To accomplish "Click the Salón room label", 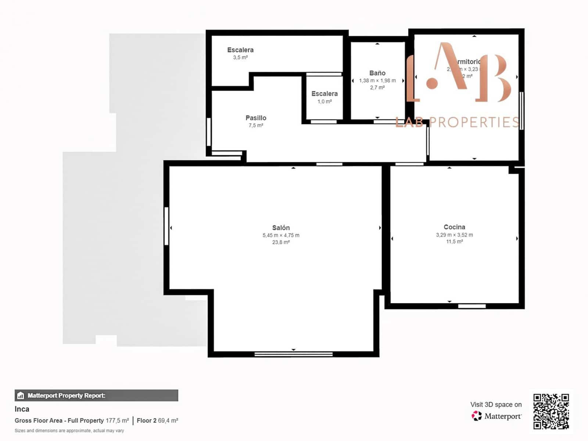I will (x=281, y=228).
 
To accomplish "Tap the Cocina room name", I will (x=454, y=227).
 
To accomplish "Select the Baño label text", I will (x=377, y=73).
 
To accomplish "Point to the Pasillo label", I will (x=256, y=118).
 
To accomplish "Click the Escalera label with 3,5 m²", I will (x=240, y=50).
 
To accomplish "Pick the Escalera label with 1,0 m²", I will (x=324, y=94).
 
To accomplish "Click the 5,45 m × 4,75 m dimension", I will (x=281, y=235).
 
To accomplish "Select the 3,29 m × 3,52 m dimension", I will (x=454, y=235).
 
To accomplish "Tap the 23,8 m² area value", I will (x=281, y=242).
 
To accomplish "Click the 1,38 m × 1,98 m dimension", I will (x=377, y=80).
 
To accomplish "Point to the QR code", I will (x=551, y=411).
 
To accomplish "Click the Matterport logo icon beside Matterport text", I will (x=477, y=416).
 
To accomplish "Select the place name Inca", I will (x=22, y=409).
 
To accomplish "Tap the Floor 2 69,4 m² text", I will (x=157, y=420).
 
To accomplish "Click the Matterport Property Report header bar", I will (x=96, y=395).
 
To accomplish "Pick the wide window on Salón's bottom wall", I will (x=293, y=354).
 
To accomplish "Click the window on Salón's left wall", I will (x=166, y=226).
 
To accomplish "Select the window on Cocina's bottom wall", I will (x=472, y=306).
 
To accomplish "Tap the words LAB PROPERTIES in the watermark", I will (x=457, y=122).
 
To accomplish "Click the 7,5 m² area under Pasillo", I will (x=256, y=125).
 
